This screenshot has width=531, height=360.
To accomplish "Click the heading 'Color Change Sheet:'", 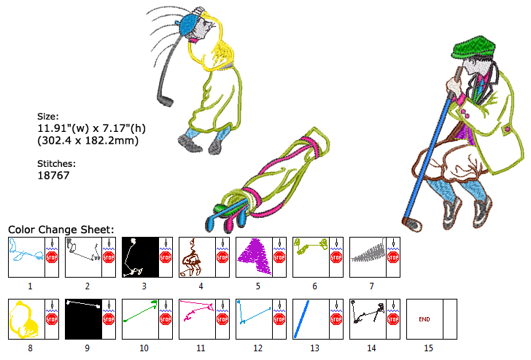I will pyautogui.click(x=61, y=230).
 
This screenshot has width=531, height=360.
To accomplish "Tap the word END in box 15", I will pyautogui.click(x=424, y=319).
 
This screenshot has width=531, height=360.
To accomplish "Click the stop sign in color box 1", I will pyautogui.click(x=52, y=257).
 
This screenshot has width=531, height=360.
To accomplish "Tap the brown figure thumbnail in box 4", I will pyautogui.click(x=192, y=257).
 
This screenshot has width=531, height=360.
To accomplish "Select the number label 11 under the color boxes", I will pyautogui.click(x=201, y=348).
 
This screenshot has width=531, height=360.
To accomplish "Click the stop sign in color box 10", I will pyautogui.click(x=166, y=319).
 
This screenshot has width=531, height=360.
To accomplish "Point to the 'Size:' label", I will pyautogui.click(x=47, y=116).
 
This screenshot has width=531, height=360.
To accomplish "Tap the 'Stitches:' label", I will pyautogui.click(x=56, y=164).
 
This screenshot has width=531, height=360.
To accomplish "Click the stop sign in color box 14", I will pyautogui.click(x=393, y=319).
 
